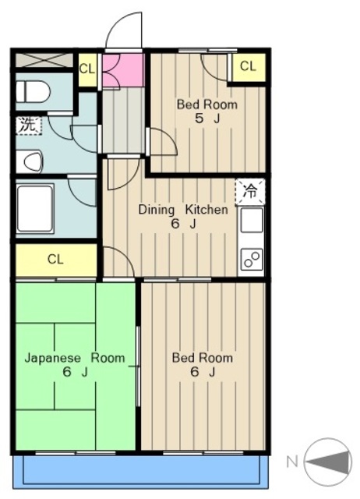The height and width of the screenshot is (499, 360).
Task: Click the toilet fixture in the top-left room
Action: point(33,92)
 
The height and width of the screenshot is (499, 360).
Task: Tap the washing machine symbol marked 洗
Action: point(29,126)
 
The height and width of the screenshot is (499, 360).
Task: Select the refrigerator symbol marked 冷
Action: point(250,191)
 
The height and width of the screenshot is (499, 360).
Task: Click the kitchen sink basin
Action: point(252,220)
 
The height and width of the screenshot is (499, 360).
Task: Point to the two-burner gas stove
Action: point(252,258)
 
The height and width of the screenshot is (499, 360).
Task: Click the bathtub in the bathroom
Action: point(36,209)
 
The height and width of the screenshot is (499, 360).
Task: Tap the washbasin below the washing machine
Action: point(30,161)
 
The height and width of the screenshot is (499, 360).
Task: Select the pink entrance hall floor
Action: point(123,70)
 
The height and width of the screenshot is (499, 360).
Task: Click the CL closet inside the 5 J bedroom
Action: point(249,67)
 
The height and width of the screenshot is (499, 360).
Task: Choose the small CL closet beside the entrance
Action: point(87,69)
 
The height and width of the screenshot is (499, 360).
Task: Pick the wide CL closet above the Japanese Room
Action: point(56,260)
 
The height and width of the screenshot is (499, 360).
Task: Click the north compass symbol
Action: point(328,462)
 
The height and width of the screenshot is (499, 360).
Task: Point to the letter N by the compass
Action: point(292,462)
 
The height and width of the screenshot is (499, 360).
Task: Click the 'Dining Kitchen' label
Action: point(183,210)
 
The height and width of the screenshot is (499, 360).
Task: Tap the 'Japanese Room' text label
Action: point(75,359)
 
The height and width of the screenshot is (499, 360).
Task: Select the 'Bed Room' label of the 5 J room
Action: point(207,104)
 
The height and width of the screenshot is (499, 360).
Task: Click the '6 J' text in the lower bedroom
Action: point(203,372)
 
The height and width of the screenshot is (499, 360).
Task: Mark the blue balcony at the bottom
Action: point(140,471)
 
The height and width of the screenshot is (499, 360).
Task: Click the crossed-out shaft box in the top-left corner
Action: point(44,61)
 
